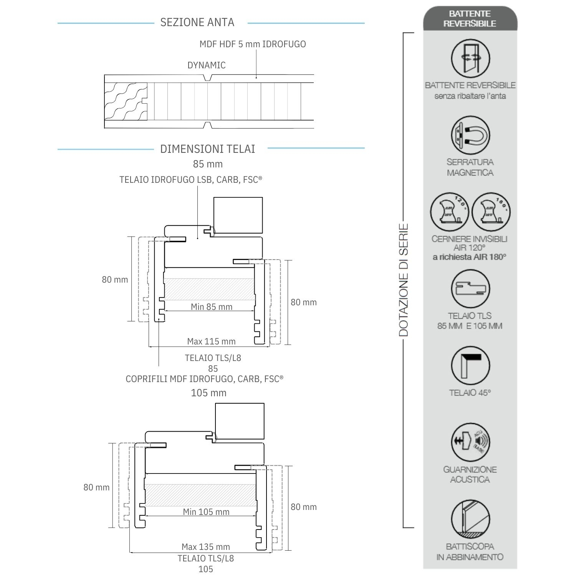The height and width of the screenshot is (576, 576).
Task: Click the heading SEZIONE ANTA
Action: [x=197, y=22]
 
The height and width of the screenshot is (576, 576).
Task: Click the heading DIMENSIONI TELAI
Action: [x=207, y=149]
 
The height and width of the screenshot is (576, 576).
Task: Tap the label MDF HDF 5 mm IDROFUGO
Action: [x=252, y=44]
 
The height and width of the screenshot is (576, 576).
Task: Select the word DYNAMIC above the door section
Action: [x=206, y=65]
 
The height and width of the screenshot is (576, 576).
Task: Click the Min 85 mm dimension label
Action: [x=212, y=307]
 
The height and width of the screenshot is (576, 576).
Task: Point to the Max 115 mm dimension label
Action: [x=211, y=341]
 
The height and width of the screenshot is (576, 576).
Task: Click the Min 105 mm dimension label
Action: [x=206, y=512]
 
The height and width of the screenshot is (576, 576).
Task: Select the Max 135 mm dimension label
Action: [x=206, y=547]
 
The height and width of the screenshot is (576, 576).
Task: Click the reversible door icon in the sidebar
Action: [x=470, y=58]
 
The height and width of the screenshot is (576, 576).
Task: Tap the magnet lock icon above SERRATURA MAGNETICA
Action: [x=470, y=135]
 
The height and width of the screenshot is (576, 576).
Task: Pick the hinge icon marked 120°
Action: [x=449, y=212]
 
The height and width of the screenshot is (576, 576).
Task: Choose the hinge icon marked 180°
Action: [x=491, y=212]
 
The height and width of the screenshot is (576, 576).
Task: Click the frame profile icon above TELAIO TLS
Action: [x=470, y=289]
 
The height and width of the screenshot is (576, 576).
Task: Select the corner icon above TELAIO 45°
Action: [x=470, y=366]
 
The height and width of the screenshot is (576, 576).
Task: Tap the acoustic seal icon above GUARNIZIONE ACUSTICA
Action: [x=470, y=442]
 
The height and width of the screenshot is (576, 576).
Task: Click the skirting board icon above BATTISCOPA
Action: [x=470, y=518]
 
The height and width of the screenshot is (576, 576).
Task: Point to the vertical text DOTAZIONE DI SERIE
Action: [x=403, y=280]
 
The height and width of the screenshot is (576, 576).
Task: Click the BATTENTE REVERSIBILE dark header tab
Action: [x=470, y=18]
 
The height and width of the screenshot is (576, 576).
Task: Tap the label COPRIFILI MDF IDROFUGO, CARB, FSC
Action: [x=204, y=379]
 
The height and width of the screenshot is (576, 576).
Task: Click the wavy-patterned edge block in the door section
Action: [x=126, y=101]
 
